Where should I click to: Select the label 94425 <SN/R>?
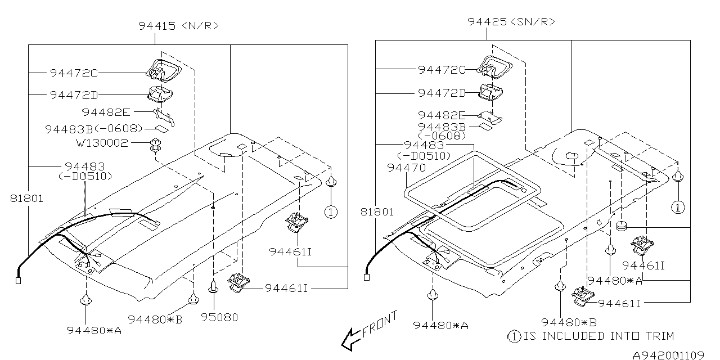(511, 22)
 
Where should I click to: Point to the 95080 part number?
(219, 317)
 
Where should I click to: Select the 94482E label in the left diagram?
(106, 112)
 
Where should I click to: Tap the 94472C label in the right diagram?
(442, 69)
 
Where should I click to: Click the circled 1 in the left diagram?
(331, 212)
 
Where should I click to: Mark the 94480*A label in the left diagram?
(94, 330)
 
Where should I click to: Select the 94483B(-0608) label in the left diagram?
(94, 129)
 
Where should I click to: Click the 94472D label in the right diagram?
(442, 93)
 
